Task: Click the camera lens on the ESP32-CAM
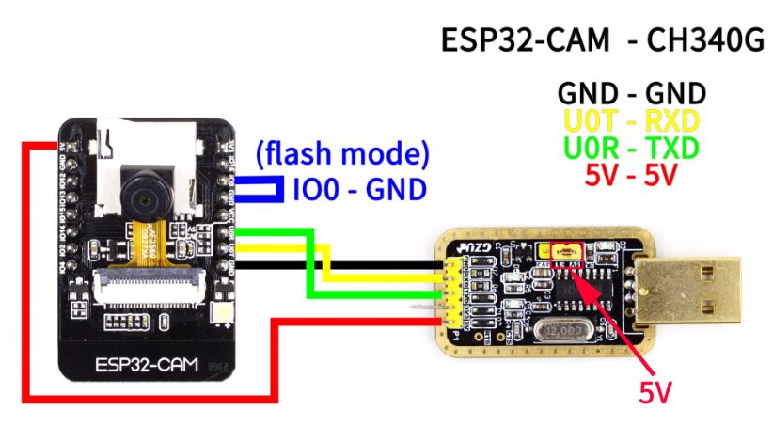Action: (144, 197)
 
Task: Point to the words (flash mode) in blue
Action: (342, 153)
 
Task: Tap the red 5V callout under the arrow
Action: (655, 391)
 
